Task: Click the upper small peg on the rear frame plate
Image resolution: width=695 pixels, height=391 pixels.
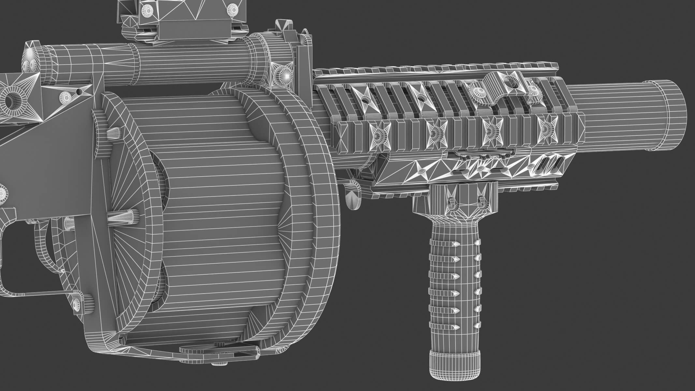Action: coord(112,132)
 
